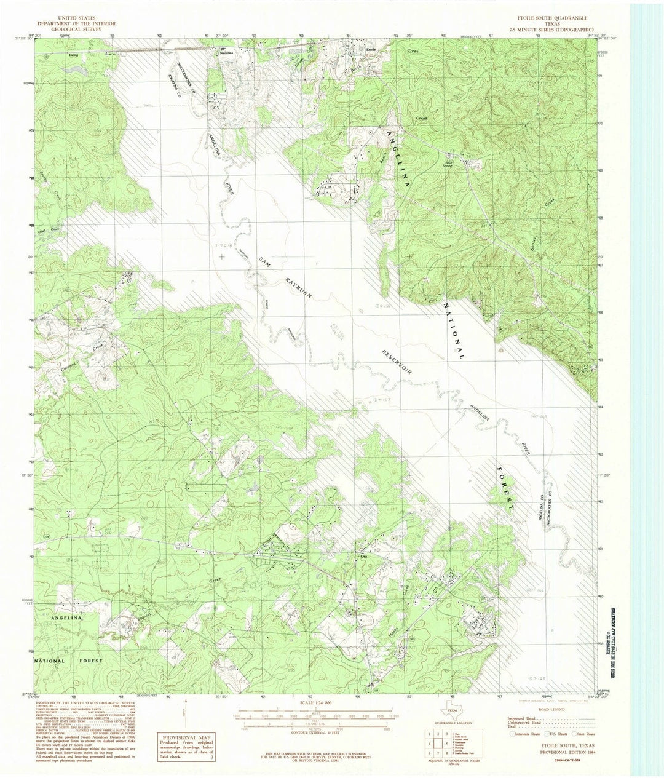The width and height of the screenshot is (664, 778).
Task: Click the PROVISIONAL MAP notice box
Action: [x=186, y=748]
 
